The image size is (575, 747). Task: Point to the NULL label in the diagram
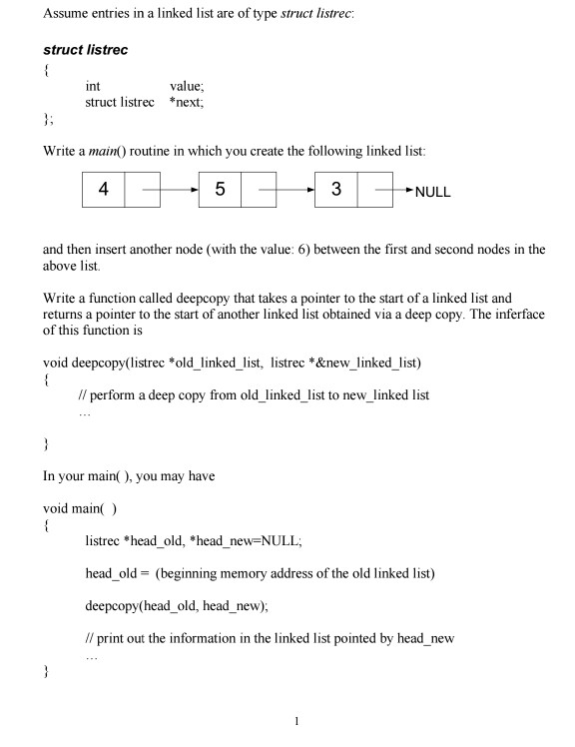tap(428, 193)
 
